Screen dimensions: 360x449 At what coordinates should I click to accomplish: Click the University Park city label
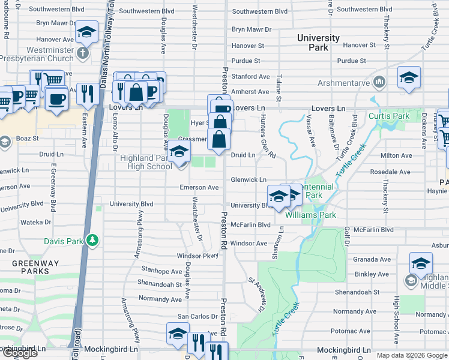318,43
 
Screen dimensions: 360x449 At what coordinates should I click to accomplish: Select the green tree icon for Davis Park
92,241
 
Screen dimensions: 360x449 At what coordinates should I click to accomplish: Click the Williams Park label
310,215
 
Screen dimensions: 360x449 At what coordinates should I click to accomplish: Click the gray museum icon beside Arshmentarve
379,81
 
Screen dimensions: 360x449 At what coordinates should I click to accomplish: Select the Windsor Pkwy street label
197,256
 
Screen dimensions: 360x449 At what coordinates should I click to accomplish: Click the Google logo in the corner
20,353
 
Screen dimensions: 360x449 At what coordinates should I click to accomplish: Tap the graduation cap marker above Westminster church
86,32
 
